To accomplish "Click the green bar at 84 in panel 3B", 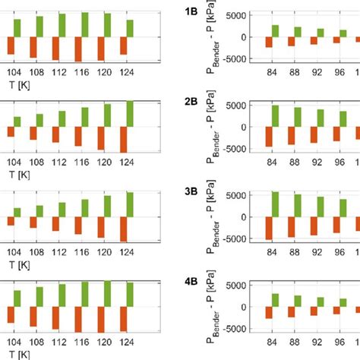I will (x=275, y=204).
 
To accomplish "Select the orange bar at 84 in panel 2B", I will (x=269, y=136).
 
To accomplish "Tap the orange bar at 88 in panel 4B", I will (x=292, y=312).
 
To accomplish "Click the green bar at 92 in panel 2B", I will (x=321, y=118).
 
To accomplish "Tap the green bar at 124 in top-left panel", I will (x=130, y=28).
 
